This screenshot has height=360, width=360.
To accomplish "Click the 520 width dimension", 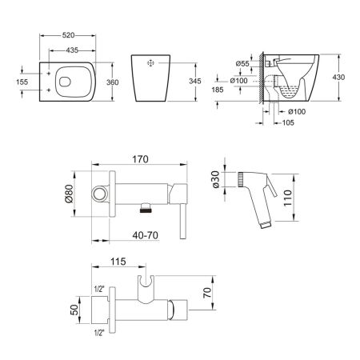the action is (68, 35).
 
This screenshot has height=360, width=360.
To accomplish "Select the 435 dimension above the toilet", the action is (72, 50).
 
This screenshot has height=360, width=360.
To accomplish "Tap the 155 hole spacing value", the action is (22, 82).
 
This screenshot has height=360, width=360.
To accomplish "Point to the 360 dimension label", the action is (112, 82).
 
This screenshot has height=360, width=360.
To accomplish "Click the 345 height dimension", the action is (195, 81).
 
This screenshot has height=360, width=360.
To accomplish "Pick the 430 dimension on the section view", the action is (338, 77).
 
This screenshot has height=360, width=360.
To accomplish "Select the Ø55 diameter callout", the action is (242, 63).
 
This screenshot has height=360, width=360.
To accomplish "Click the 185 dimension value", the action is (218, 90).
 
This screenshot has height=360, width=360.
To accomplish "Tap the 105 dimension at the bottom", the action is (288, 122).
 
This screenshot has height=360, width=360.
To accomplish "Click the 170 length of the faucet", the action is (140, 159).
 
